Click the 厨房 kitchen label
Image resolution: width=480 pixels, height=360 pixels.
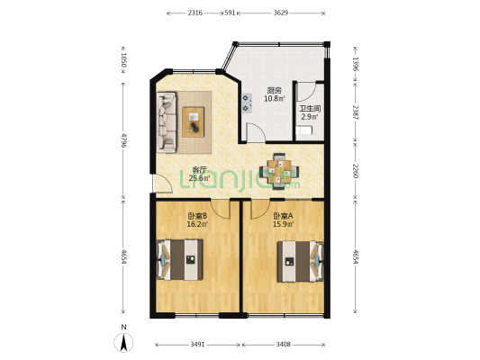[x=272, y=90]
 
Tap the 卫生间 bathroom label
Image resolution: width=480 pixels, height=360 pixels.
[x=308, y=108]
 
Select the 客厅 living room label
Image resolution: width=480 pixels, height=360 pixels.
[x=200, y=169]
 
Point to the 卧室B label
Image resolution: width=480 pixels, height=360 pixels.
[x=197, y=216]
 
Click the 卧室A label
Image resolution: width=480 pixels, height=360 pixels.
[x=284, y=216]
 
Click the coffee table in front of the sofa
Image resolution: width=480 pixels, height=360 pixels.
[x=194, y=120]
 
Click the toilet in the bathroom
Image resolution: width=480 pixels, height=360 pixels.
[x=306, y=131]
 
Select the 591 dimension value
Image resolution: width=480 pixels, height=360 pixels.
[x=230, y=13]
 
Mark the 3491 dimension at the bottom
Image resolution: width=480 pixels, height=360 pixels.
[x=198, y=343]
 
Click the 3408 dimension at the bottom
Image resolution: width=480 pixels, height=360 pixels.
[x=284, y=343]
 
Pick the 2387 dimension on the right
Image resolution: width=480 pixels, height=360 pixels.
[x=356, y=112]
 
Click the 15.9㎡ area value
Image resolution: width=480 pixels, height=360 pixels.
[x=284, y=225]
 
